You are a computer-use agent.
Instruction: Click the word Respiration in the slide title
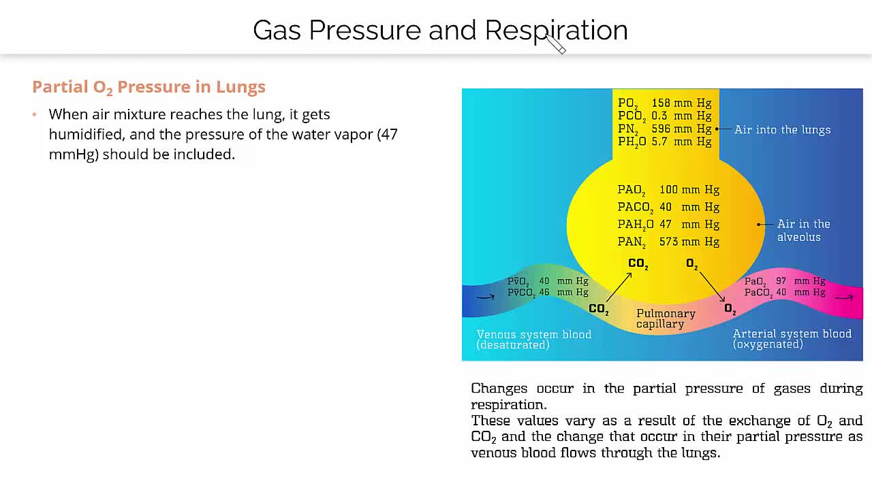(557, 31)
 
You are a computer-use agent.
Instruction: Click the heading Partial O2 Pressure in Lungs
(149, 87)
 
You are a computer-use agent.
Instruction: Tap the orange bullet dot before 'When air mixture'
(35, 114)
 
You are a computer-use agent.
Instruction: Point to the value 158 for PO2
(661, 103)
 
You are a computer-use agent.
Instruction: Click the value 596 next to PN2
(661, 129)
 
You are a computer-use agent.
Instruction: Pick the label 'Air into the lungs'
(783, 129)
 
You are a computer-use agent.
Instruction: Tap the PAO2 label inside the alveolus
(632, 190)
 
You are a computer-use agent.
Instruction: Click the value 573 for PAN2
(668, 242)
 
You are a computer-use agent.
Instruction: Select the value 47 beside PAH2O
(666, 224)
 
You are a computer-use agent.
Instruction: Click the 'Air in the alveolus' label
(803, 230)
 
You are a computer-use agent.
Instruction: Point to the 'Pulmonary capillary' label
(666, 318)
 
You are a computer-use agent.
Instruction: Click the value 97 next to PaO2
(781, 281)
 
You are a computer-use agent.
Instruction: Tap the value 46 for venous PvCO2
(544, 292)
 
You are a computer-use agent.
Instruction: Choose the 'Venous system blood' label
(533, 334)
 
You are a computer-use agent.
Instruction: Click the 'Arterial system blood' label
(792, 333)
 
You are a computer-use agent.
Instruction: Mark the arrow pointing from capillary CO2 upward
(619, 287)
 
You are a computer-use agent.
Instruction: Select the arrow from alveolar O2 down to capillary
(712, 287)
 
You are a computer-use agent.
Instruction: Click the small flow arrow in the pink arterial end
(844, 297)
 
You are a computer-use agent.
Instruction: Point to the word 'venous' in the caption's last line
(494, 453)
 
